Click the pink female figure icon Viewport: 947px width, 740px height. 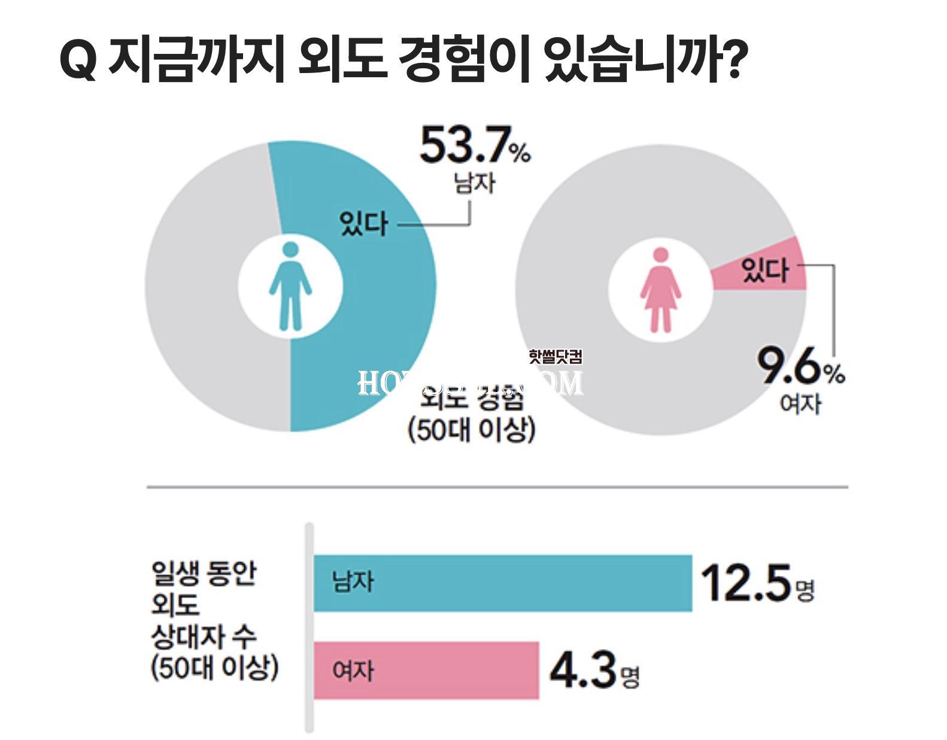click(x=660, y=290)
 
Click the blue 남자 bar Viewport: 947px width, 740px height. click(x=503, y=583)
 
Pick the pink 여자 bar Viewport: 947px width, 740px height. click(x=426, y=670)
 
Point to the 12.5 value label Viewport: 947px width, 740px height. click(x=746, y=583)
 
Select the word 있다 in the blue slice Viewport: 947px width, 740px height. click(x=363, y=224)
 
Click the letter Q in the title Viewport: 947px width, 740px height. click(x=78, y=60)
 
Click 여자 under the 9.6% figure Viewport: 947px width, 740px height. click(x=800, y=403)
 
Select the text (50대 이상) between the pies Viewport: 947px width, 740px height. click(x=471, y=429)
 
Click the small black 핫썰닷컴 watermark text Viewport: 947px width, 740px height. click(x=555, y=357)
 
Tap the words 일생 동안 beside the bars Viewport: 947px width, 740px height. click(x=204, y=574)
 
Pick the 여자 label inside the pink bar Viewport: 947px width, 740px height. click(x=353, y=671)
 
